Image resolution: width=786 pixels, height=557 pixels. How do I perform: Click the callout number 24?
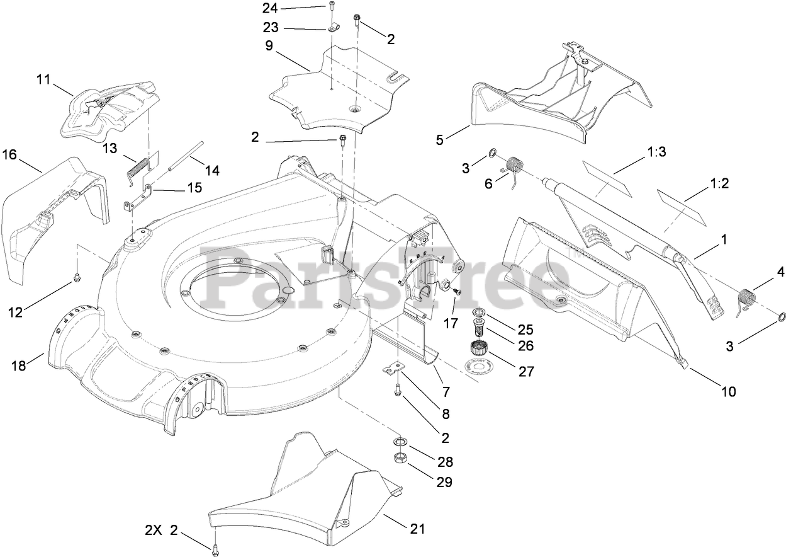pos(269,8)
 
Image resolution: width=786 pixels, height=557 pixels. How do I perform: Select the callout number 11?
pos(43,79)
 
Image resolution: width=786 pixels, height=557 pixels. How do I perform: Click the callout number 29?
pos(445,482)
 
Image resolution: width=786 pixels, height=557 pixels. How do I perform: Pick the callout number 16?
pos(9,155)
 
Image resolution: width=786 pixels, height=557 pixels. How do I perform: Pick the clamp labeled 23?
pos(332,28)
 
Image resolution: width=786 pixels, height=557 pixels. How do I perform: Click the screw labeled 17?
pos(457,292)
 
